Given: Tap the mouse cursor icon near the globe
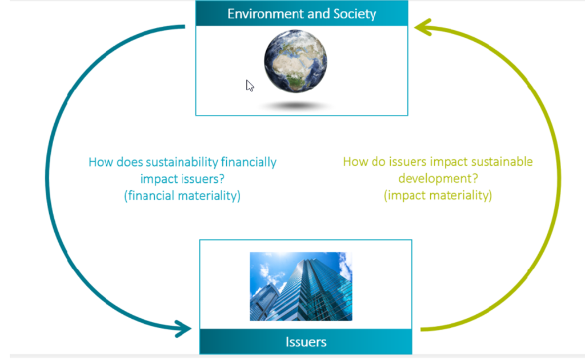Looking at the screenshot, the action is click(x=250, y=86).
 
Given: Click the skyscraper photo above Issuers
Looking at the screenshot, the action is click(x=301, y=286).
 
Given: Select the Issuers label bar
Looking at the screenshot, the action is click(x=306, y=342).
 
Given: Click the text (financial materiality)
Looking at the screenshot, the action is click(x=182, y=195).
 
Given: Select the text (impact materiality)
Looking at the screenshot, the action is click(x=438, y=195).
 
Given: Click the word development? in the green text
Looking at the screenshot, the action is click(x=438, y=178).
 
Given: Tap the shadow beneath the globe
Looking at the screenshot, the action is click(x=295, y=106).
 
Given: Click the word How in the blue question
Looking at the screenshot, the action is click(x=99, y=162).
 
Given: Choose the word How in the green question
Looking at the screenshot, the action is click(x=354, y=162).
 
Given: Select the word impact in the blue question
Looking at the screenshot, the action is click(x=158, y=179).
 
